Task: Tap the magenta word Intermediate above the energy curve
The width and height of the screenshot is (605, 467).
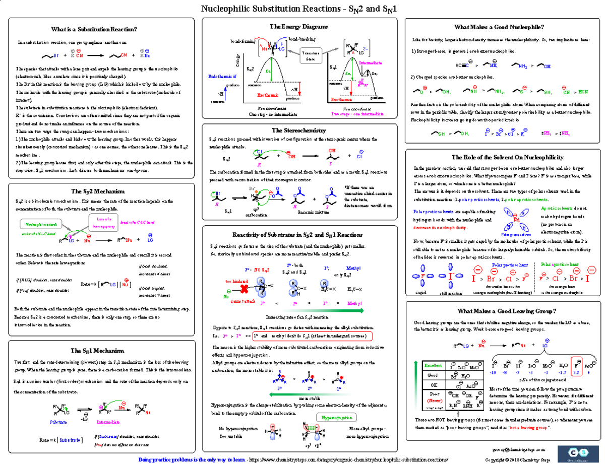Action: [x=371, y=63]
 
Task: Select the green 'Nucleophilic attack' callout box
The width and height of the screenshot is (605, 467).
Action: [x=38, y=223]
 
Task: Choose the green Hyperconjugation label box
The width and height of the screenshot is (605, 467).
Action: [x=335, y=418]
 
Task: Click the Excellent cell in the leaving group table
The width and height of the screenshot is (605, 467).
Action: [x=433, y=365]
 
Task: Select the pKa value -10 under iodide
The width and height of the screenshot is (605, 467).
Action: [x=493, y=372]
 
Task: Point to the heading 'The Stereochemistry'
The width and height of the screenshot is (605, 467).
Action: [x=298, y=130]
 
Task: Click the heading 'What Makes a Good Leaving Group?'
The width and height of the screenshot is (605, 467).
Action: [x=506, y=310]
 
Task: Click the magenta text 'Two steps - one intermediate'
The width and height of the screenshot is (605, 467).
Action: [x=355, y=114]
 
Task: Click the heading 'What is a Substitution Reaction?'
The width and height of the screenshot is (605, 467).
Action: [x=101, y=29]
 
